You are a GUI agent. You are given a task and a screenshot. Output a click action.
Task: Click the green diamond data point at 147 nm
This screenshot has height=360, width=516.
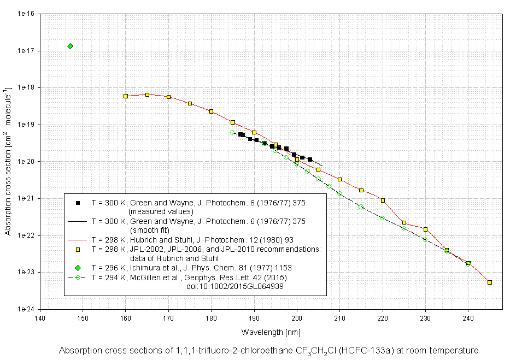pos(70,46)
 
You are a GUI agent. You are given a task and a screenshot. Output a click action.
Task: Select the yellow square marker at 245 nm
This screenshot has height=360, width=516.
pos(490,282)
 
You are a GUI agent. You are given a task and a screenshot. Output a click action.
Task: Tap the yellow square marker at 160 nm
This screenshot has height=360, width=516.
pos(126,96)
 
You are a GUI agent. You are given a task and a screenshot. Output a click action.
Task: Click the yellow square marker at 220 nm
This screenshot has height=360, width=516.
pos(383,200)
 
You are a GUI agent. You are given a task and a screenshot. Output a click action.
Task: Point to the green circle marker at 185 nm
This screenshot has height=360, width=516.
pos(232,132)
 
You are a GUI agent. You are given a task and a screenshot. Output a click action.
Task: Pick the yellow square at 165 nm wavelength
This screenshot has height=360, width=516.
pos(147,95)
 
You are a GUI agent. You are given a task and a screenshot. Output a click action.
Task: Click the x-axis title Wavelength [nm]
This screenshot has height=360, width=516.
pos(271,332)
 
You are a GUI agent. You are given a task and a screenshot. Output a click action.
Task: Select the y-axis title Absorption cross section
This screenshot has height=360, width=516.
pos(8,161)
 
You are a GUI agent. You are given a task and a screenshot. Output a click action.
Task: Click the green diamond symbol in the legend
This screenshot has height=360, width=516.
pos(78,268)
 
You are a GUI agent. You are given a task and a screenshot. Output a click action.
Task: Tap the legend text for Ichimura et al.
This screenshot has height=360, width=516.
pos(191,268)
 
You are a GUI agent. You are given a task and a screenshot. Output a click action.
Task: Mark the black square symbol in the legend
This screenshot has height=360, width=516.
pos(78,203)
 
